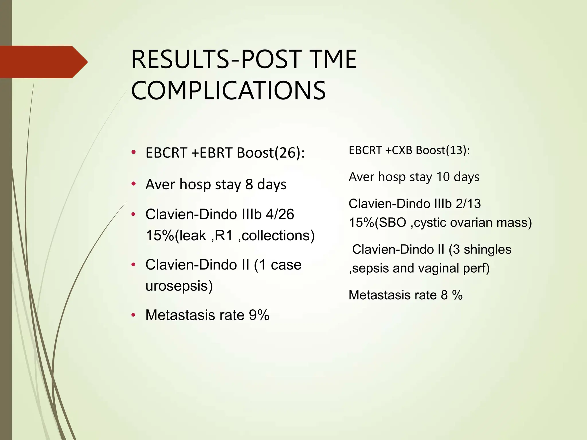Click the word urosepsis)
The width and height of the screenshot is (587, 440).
[x=179, y=286]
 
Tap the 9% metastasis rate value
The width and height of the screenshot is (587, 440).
[x=259, y=315]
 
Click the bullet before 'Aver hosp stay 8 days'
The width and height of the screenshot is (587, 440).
[x=133, y=184]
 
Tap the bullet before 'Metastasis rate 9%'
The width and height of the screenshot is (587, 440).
[x=133, y=315]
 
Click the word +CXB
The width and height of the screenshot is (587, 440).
[x=399, y=150]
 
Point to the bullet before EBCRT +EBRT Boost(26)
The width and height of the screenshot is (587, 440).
[x=133, y=152]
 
